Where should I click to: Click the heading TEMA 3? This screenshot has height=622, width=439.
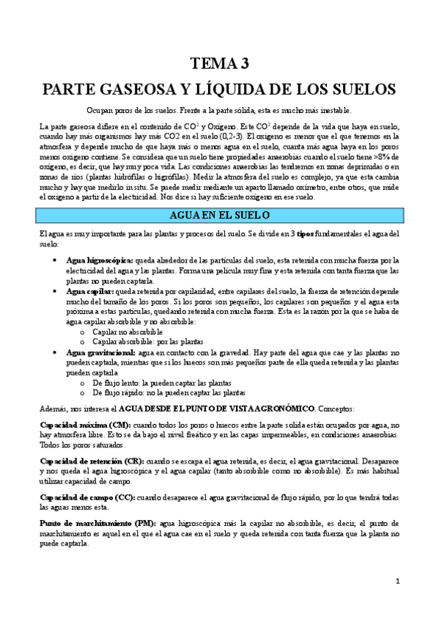[219, 64]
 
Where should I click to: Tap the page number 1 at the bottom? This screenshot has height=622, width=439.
[397, 582]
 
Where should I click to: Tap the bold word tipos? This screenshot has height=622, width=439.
[305, 233]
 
